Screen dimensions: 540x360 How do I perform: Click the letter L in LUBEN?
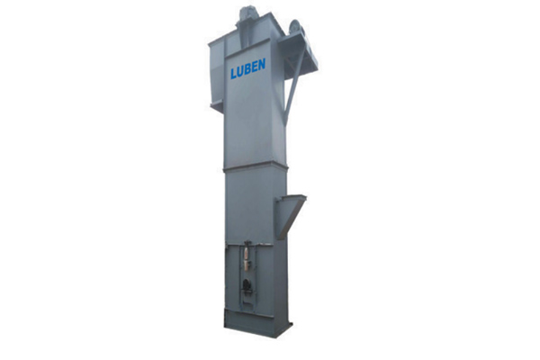coord(233,73)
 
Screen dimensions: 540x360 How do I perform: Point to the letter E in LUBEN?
coord(256,67)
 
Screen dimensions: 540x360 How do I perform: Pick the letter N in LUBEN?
coord(262,65)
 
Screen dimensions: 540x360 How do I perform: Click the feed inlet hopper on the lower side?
coord(290,216)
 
